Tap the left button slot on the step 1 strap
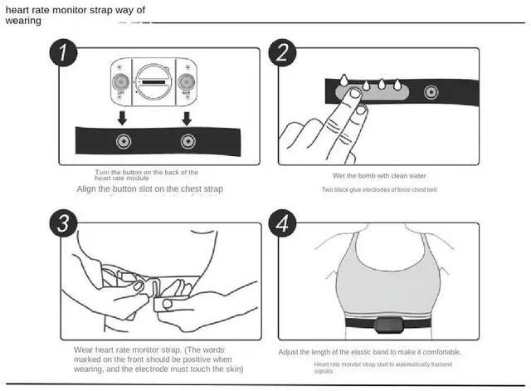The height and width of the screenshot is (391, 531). [123, 140]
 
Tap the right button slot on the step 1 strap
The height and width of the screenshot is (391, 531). [187, 140]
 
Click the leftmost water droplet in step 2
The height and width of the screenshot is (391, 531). [343, 80]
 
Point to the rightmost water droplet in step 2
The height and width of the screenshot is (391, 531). [397, 85]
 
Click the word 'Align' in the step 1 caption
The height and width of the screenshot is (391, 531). [87, 189]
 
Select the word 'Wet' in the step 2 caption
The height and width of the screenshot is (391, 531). [340, 176]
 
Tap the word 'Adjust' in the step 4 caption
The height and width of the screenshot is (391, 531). [292, 352]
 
